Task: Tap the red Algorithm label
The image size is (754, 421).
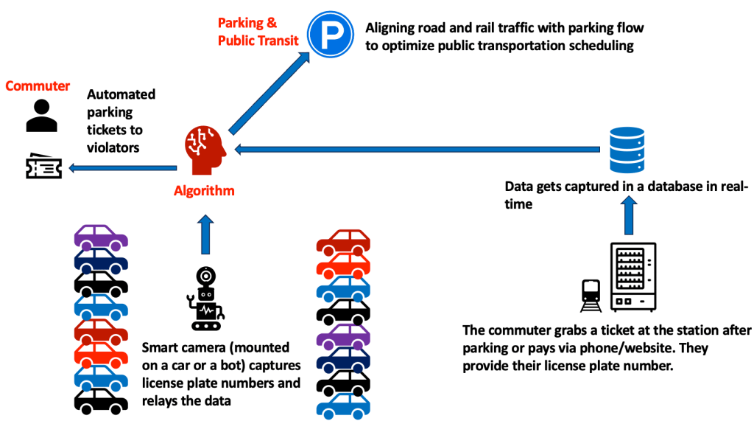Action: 204,192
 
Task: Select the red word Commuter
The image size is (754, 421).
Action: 38,86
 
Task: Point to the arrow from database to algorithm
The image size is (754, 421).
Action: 412,150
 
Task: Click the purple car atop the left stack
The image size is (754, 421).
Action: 101,236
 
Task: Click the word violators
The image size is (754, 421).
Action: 113,147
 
